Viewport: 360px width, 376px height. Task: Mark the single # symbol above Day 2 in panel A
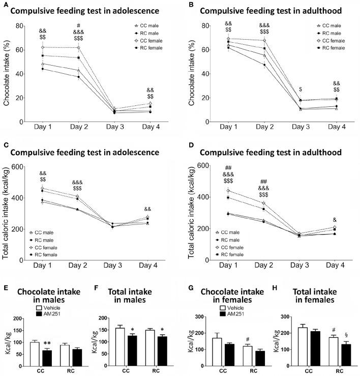78,25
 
